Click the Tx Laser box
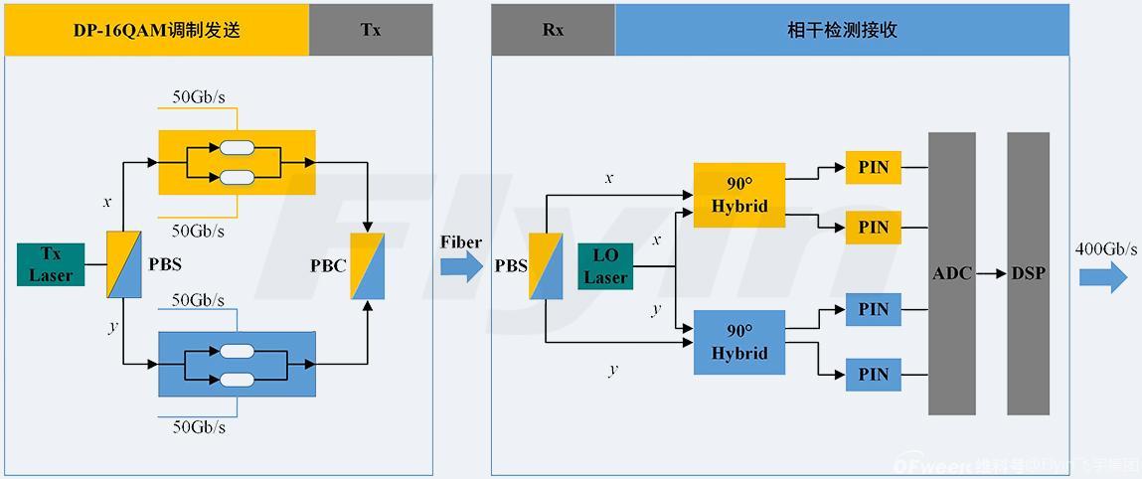pyautogui.click(x=51, y=264)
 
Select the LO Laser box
pyautogui.click(x=605, y=266)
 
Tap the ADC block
pyautogui.click(x=951, y=273)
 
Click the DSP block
pyautogui.click(x=1028, y=273)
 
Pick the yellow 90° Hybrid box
pyautogui.click(x=739, y=195)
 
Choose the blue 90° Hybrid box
pyautogui.click(x=739, y=342)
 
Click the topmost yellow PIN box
pyautogui.click(x=873, y=167)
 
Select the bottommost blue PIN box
pyautogui.click(x=873, y=375)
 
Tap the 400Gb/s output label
pyautogui.click(x=1106, y=248)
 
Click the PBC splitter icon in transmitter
pyautogui.click(x=368, y=265)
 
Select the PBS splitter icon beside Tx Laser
pyautogui.click(x=123, y=264)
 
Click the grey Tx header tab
pyautogui.click(x=371, y=30)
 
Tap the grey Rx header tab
pyautogui.click(x=553, y=30)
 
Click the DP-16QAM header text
pyautogui.click(x=157, y=30)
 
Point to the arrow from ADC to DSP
pyautogui.click(x=990, y=273)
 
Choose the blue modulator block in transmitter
pyautogui.click(x=237, y=364)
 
